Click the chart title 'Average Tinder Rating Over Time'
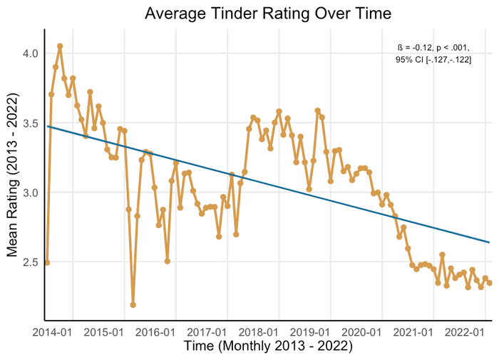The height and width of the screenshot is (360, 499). point(268,14)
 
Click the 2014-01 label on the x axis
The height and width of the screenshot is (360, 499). point(51,332)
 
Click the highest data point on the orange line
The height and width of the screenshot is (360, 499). point(60,46)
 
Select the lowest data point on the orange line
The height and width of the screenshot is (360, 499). point(133,305)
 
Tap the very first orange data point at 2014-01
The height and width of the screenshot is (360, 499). point(47,262)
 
